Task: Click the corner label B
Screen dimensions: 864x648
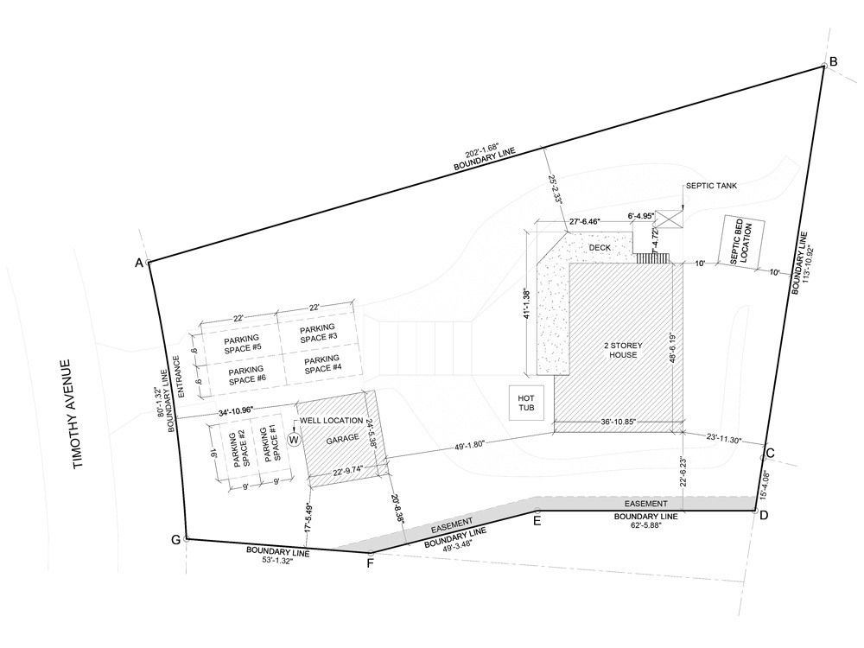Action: tap(833, 61)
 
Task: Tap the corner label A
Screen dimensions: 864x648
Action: tap(139, 263)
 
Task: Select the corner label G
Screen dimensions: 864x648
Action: tap(175, 540)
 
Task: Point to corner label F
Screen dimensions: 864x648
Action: tap(371, 563)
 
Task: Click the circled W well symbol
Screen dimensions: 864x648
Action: tap(295, 439)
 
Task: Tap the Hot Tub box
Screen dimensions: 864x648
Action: tap(526, 403)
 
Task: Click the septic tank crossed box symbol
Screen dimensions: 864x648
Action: tap(669, 219)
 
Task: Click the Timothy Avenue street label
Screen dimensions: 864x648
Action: tap(73, 414)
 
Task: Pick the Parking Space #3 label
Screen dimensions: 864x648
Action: tap(318, 334)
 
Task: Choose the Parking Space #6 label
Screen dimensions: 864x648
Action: tap(247, 375)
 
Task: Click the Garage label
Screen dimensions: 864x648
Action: tap(342, 440)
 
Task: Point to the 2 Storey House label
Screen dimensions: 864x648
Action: tap(623, 350)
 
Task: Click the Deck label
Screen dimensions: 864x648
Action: tap(600, 247)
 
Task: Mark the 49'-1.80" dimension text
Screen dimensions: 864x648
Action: tap(469, 444)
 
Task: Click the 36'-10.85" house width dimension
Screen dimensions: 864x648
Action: tap(619, 422)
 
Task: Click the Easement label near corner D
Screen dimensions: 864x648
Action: tap(645, 504)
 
